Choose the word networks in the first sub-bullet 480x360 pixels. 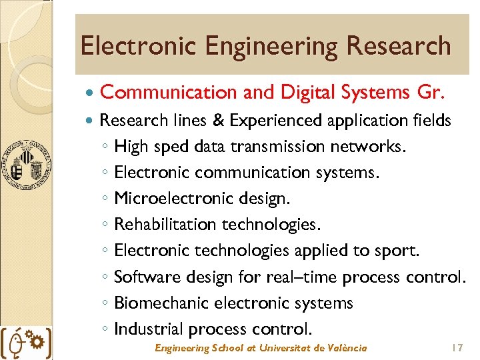[371, 147]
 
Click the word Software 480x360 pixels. [143, 277]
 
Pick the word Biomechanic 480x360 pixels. [162, 303]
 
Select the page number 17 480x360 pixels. [457, 348]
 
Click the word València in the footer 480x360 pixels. [346, 348]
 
